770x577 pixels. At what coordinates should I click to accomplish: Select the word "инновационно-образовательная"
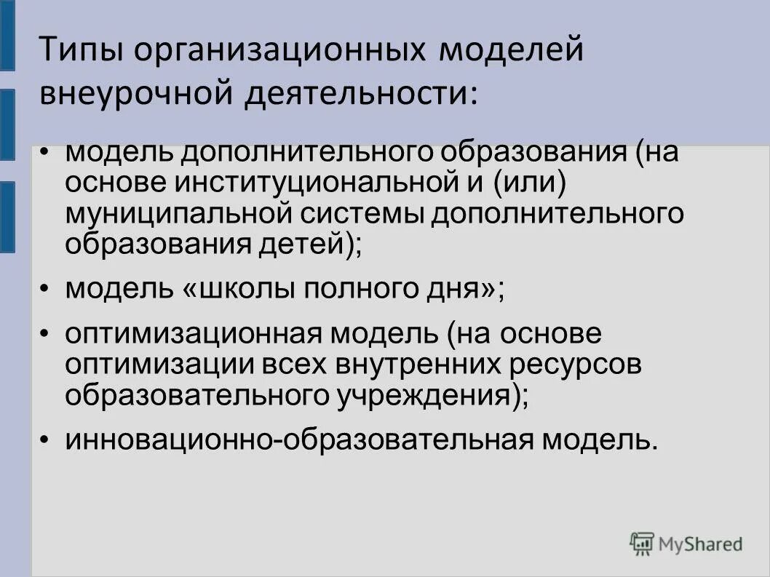298,440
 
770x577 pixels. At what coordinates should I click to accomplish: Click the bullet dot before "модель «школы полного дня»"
45,290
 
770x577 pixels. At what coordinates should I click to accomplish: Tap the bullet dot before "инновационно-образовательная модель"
45,441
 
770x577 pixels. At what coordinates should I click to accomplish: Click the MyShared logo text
701,543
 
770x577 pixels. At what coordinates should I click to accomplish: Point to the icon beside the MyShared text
643,543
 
